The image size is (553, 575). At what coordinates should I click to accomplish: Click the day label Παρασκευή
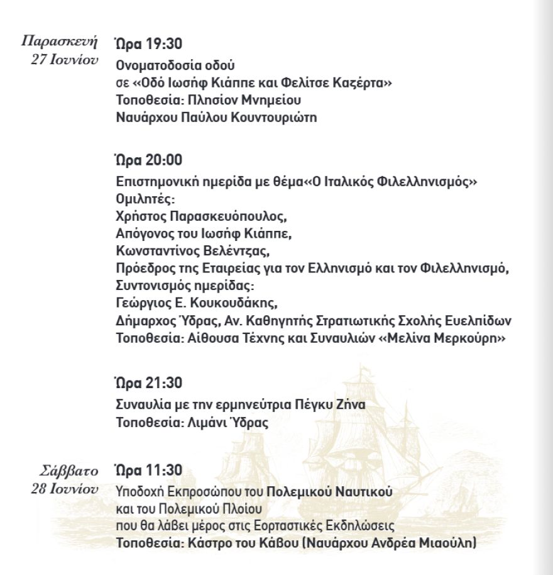pyautogui.click(x=60, y=42)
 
